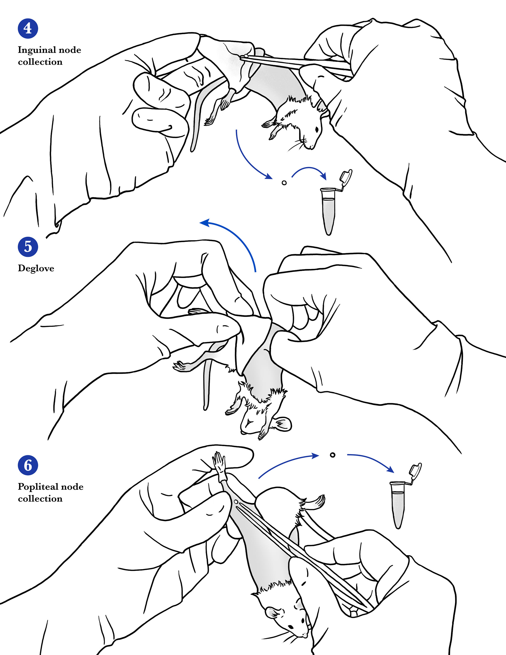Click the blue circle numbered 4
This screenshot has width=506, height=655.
coord(28,28)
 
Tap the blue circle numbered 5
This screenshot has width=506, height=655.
coord(28,247)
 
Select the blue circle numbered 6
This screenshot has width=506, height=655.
coord(28,465)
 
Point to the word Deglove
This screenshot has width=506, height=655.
coord(36,268)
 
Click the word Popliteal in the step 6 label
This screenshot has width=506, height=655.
coord(37,487)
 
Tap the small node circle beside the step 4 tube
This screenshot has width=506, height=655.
coord(284,183)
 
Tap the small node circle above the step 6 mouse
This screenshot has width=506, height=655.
coord(332,455)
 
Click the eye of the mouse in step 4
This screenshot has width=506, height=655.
coord(317,130)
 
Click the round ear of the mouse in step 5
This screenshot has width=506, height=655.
coord(282,424)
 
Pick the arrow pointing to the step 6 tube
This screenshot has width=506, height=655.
coord(372,458)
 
